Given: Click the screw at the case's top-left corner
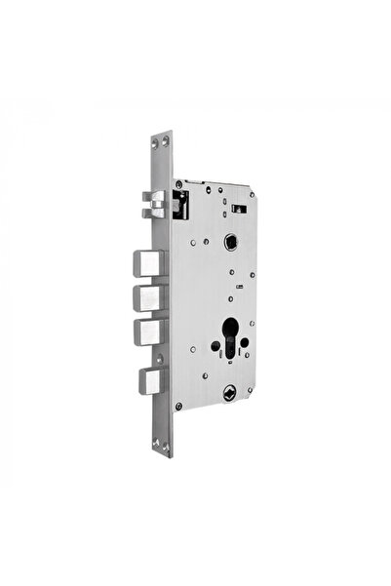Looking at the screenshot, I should (x=183, y=184).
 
